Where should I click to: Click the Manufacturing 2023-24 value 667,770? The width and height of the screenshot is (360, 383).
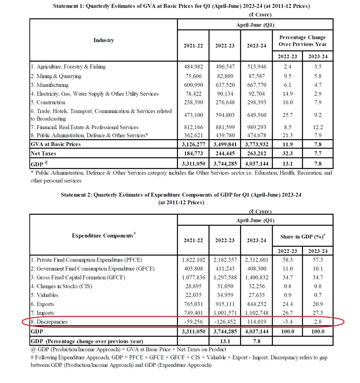(x=256, y=85)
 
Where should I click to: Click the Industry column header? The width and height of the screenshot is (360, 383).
(x=103, y=40)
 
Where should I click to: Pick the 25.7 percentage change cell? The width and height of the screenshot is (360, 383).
(x=287, y=115)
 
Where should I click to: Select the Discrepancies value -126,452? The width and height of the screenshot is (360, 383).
(x=225, y=322)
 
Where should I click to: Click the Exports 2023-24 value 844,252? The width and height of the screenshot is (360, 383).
(x=256, y=304)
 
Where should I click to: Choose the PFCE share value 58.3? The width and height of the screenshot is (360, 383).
(x=287, y=260)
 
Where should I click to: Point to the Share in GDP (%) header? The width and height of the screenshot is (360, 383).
(x=303, y=237)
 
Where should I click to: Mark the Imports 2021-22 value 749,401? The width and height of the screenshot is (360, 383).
(x=193, y=313)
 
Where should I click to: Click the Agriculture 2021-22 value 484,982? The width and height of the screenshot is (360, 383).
(x=193, y=67)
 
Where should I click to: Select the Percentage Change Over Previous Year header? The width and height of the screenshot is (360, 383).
(x=303, y=41)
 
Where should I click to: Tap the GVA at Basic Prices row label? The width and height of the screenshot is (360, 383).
(x=56, y=144)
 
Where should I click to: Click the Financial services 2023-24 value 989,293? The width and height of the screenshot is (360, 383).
(x=256, y=127)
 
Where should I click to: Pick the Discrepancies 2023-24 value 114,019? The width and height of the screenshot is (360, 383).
(x=256, y=322)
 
